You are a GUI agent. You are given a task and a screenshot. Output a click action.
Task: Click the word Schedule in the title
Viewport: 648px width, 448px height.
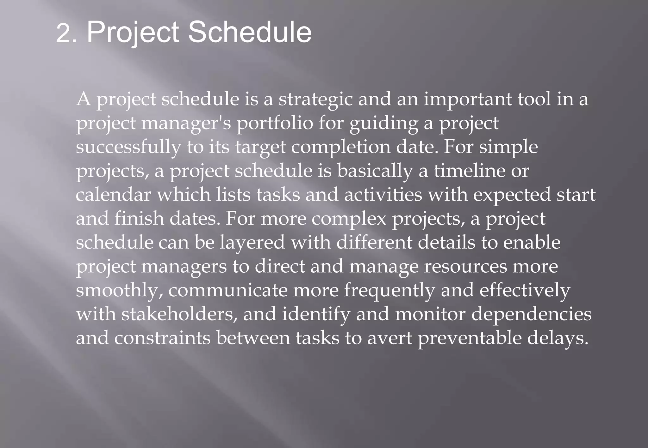tap(250, 32)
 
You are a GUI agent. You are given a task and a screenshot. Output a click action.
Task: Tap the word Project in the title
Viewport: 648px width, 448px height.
tap(133, 33)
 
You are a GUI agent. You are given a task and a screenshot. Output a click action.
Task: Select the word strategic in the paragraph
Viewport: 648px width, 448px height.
tap(315, 100)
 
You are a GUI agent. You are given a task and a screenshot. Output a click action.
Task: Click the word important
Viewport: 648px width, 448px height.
tap(467, 100)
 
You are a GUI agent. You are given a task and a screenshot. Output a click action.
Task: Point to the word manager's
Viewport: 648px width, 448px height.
tap(186, 124)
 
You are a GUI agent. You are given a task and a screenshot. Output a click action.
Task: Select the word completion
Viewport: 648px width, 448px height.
tap(340, 148)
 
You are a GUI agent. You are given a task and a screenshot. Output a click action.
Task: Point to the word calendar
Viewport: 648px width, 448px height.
tap(113, 195)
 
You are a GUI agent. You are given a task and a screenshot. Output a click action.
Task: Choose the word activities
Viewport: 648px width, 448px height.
tap(383, 195)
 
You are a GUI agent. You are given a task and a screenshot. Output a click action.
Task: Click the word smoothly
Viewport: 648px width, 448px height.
tap(119, 291)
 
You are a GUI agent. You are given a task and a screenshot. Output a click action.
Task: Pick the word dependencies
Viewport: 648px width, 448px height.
tap(531, 315)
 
